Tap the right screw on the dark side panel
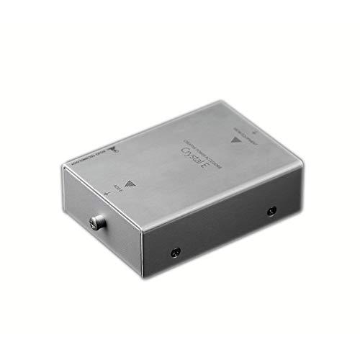271,211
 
